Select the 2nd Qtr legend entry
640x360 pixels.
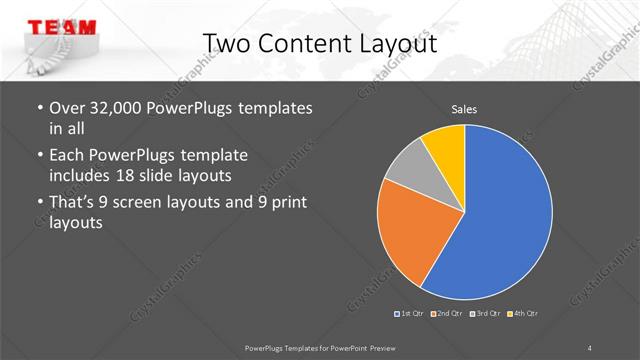449,315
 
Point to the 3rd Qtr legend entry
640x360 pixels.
487,315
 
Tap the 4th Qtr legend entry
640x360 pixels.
524,315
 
